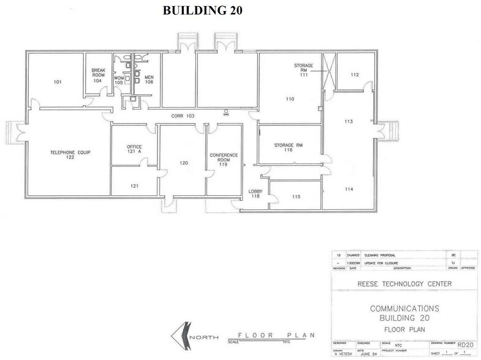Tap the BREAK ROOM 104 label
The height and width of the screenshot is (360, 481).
(x=99, y=75)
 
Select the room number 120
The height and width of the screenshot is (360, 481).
(x=182, y=163)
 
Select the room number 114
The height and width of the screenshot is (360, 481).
(x=348, y=189)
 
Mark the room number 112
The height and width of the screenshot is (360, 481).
(x=354, y=75)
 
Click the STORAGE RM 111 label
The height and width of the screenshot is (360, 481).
(x=303, y=69)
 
